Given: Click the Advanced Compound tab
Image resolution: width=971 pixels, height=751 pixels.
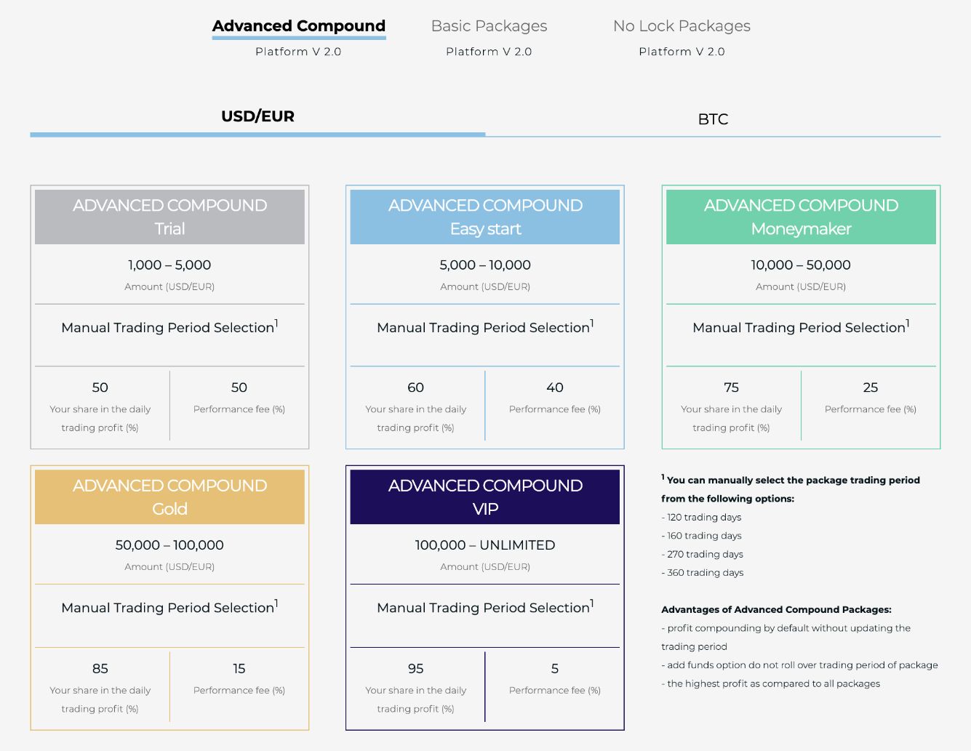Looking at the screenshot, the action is click(x=298, y=26).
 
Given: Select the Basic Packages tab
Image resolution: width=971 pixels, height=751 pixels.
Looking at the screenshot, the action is click(x=489, y=26).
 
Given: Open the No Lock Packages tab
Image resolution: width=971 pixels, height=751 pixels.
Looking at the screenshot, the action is click(x=682, y=26).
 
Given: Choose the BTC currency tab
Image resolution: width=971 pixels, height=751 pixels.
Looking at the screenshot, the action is click(x=713, y=119).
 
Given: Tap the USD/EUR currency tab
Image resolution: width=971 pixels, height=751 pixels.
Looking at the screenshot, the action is click(x=257, y=116).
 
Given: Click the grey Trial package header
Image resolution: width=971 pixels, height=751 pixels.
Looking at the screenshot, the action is click(x=169, y=217).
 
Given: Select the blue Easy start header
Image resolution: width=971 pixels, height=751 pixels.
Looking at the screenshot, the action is click(x=485, y=217).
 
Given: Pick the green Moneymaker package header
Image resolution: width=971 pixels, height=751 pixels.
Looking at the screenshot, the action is click(x=801, y=217).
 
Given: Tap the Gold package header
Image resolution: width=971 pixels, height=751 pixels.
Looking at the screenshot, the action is click(x=169, y=497).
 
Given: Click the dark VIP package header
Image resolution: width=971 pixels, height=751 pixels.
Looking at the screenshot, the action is click(x=485, y=497).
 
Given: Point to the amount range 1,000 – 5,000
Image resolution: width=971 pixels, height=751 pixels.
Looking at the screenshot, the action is click(x=169, y=265).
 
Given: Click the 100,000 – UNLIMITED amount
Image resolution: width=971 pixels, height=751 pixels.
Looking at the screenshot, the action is click(x=485, y=545).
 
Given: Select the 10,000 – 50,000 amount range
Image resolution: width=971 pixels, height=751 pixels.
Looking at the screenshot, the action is click(x=801, y=265).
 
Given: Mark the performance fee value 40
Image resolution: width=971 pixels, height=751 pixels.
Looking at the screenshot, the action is click(x=554, y=387).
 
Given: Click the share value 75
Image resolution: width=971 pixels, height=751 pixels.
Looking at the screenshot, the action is click(x=731, y=387).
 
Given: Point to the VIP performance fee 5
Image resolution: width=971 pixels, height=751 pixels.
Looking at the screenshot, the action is click(x=554, y=668).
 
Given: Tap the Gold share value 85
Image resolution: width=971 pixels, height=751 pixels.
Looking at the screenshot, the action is click(x=100, y=668).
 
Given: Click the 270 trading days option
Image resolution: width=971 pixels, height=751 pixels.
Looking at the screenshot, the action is click(x=702, y=554).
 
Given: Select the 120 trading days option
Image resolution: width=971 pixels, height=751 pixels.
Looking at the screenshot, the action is click(x=701, y=517).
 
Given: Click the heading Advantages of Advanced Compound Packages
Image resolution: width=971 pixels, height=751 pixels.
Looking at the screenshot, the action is click(x=776, y=609).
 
